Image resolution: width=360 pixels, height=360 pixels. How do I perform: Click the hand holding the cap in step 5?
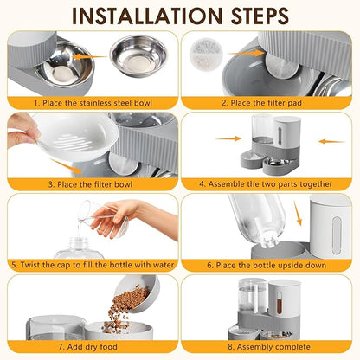(130, 215)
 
